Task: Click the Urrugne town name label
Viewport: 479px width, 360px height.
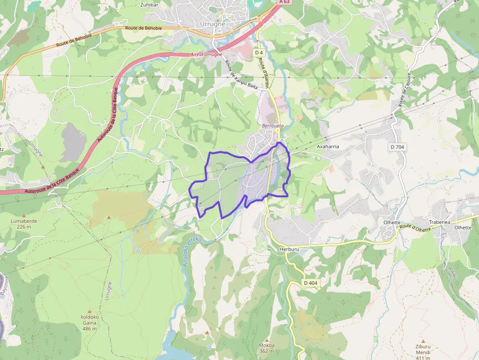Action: tap(213, 24)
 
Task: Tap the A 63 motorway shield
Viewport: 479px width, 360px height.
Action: tap(284, 2)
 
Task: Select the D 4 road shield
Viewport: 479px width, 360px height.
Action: tap(259, 52)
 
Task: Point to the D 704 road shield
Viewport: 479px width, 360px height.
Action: tap(398, 147)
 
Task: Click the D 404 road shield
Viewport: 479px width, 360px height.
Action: tap(310, 283)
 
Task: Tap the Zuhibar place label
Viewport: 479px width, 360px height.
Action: tap(149, 4)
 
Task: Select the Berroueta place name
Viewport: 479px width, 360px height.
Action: tap(273, 126)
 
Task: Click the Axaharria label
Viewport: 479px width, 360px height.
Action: tap(327, 146)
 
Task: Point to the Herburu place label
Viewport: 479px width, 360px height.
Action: tap(289, 249)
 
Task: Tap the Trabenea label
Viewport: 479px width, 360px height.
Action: tap(439, 222)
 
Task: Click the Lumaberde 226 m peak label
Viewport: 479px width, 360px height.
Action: tap(24, 224)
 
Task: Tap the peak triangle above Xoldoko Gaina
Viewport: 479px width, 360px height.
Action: tap(89, 311)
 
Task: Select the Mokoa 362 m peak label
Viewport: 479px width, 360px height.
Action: tap(266, 348)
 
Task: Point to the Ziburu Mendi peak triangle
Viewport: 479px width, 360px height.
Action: tap(423, 341)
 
